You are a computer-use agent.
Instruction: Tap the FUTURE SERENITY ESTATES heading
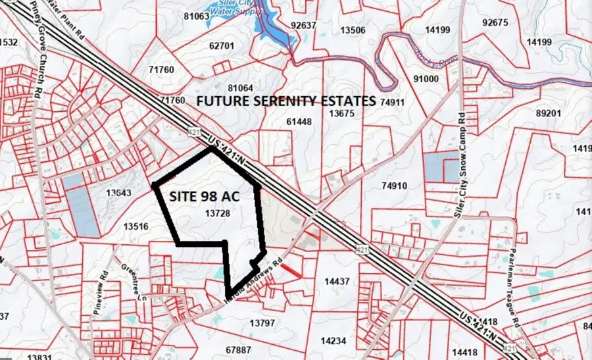coord(286,101)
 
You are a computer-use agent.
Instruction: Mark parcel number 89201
coord(549,114)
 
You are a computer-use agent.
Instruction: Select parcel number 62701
coord(221,46)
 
